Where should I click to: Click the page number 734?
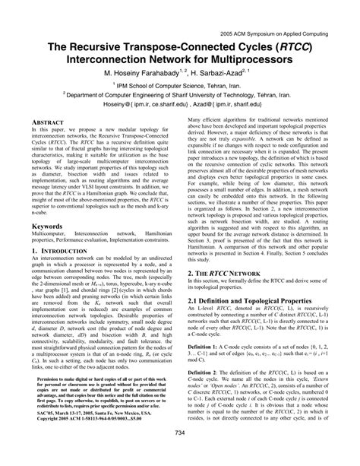coord(180,454)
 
